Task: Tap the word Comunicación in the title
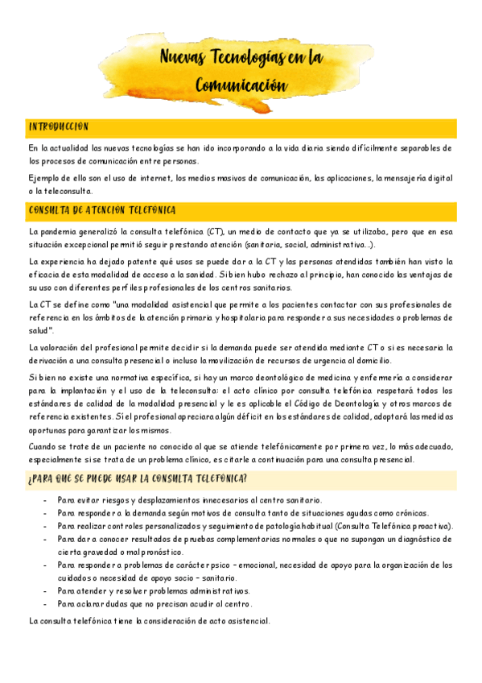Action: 241,84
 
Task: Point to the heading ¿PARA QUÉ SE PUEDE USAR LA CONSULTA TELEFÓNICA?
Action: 137,480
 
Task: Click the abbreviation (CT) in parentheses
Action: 215,232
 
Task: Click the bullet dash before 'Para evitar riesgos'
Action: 45,500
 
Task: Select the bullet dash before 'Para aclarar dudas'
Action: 45,603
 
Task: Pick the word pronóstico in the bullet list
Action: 161,552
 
